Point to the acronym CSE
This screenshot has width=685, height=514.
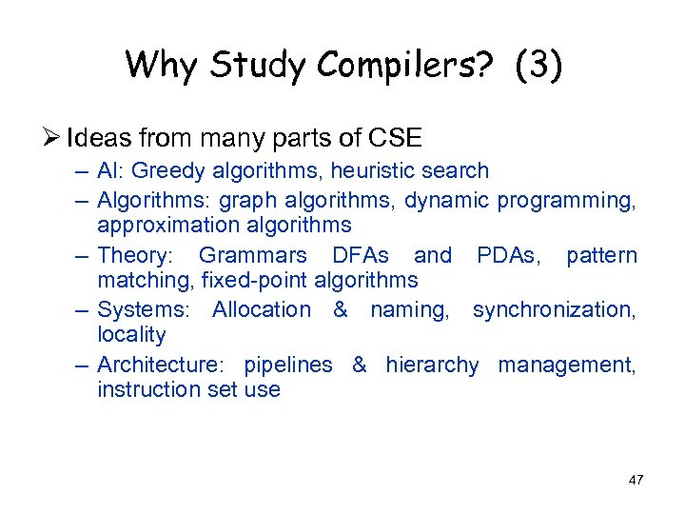point(393,138)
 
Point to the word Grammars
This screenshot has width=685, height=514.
point(252,255)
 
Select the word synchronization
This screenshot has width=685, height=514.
point(554,309)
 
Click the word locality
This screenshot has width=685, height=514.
point(131,335)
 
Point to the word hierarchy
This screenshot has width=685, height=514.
point(432,365)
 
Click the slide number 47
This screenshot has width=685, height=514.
point(636,481)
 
